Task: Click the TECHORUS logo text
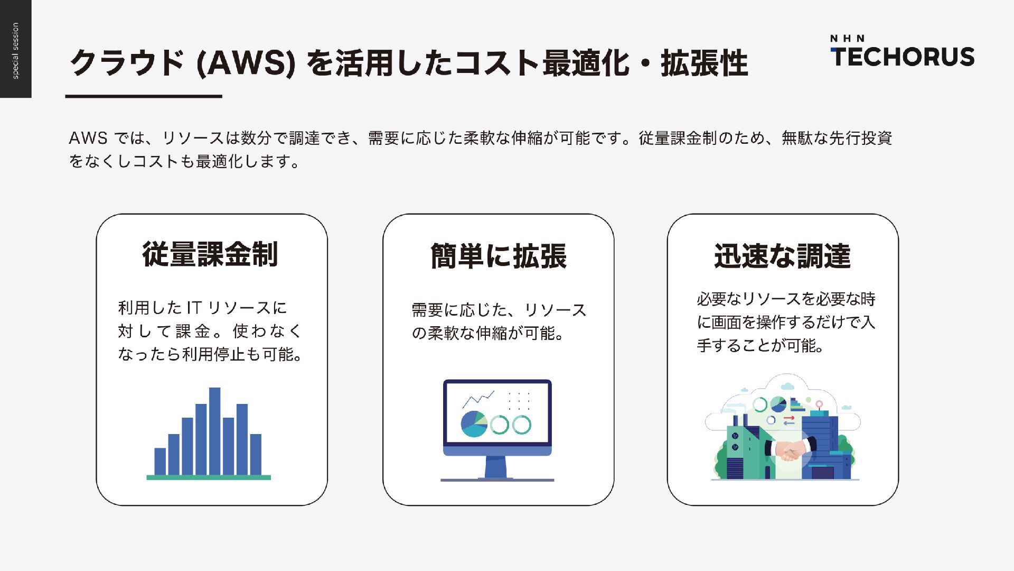pos(902,57)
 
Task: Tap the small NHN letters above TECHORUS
pos(847,39)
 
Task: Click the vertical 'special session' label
pos(15,51)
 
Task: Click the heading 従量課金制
pos(210,254)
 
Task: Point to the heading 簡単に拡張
pos(498,256)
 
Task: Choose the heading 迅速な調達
pos(782,256)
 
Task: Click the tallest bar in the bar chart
pos(214,431)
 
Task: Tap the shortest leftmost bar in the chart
pos(160,462)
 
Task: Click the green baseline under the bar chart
pos(209,477)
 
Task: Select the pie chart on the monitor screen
pos(474,424)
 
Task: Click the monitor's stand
pos(496,467)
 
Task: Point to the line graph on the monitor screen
pos(478,399)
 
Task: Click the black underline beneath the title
pos(144,96)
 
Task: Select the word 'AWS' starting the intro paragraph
pos(88,139)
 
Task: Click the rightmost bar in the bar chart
pos(256,454)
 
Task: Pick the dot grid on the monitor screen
pos(519,401)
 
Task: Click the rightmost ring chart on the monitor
pos(521,425)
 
